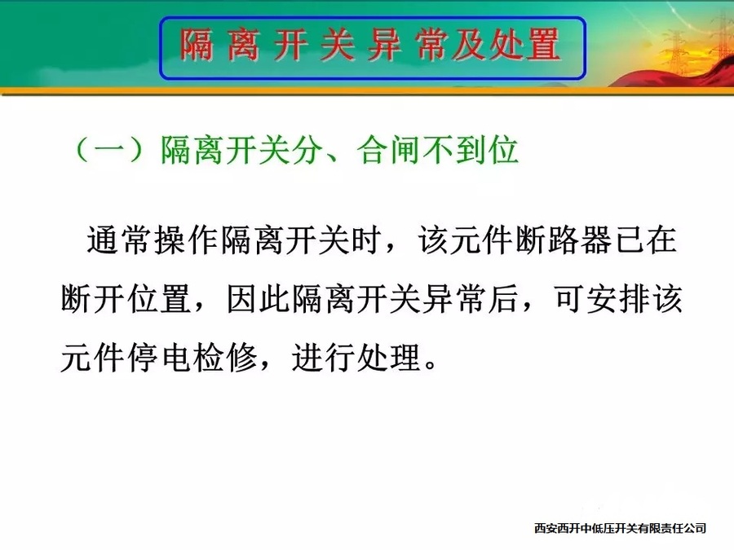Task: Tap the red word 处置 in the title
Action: [x=524, y=45]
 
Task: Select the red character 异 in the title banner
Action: [x=384, y=45]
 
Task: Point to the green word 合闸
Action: [x=388, y=150]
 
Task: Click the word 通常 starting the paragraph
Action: [x=118, y=240]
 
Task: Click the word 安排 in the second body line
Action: [x=617, y=298]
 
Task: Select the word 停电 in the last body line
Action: [x=159, y=358]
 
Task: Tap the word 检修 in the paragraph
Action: [x=226, y=358]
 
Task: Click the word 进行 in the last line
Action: [x=322, y=358]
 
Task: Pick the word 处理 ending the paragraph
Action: [x=388, y=358]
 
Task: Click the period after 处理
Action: [x=431, y=365]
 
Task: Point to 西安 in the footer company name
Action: [x=546, y=529]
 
